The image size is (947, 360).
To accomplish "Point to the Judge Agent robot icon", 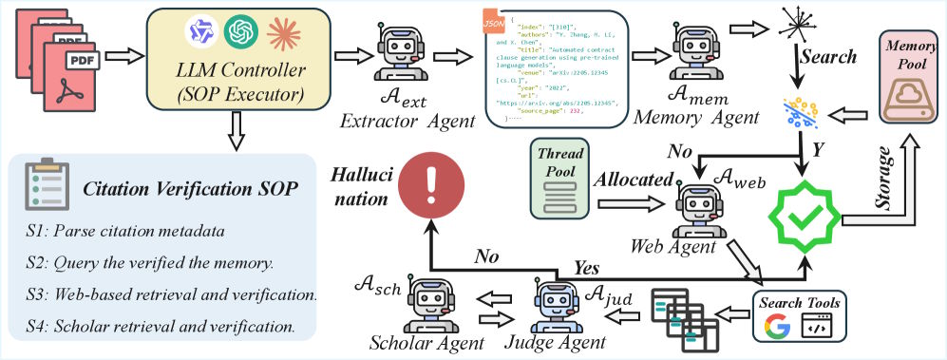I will coord(556,303).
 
